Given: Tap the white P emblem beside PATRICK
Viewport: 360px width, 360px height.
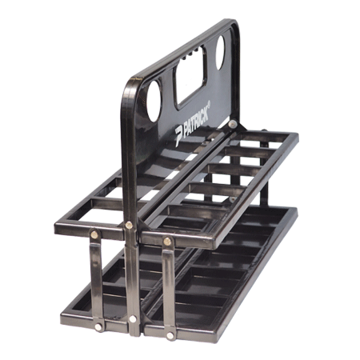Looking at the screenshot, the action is pyautogui.click(x=178, y=135).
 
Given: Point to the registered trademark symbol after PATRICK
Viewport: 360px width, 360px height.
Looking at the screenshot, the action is pyautogui.click(x=209, y=103).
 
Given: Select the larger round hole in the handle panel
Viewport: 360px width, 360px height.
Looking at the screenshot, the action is pyautogui.click(x=154, y=101).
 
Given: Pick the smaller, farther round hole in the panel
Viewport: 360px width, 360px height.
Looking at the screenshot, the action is pyautogui.click(x=221, y=52).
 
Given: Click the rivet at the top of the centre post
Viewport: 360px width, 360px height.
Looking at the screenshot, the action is pyautogui.click(x=129, y=225).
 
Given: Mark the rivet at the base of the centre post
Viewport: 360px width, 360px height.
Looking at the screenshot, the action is pyautogui.click(x=133, y=318).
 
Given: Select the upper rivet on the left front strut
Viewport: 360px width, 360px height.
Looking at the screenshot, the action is pyautogui.click(x=94, y=234).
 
